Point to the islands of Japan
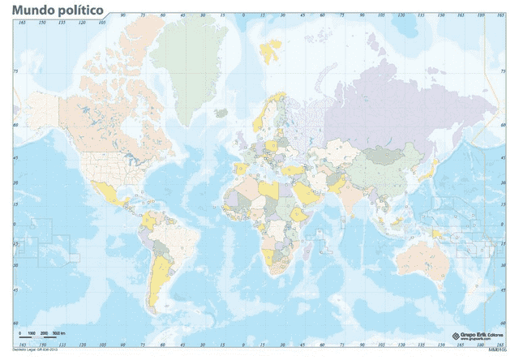pyautogui.click(x=432, y=171)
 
